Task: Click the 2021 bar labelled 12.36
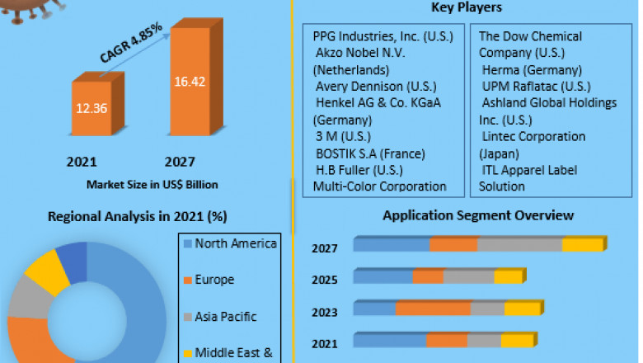(x=96, y=107)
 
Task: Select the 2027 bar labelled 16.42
(x=195, y=82)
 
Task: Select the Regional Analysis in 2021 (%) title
(x=138, y=216)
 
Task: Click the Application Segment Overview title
(x=478, y=215)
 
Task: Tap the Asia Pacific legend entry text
(x=225, y=316)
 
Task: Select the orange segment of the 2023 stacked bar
(x=433, y=309)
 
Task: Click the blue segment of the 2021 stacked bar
(x=390, y=340)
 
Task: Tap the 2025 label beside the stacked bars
(x=324, y=280)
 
